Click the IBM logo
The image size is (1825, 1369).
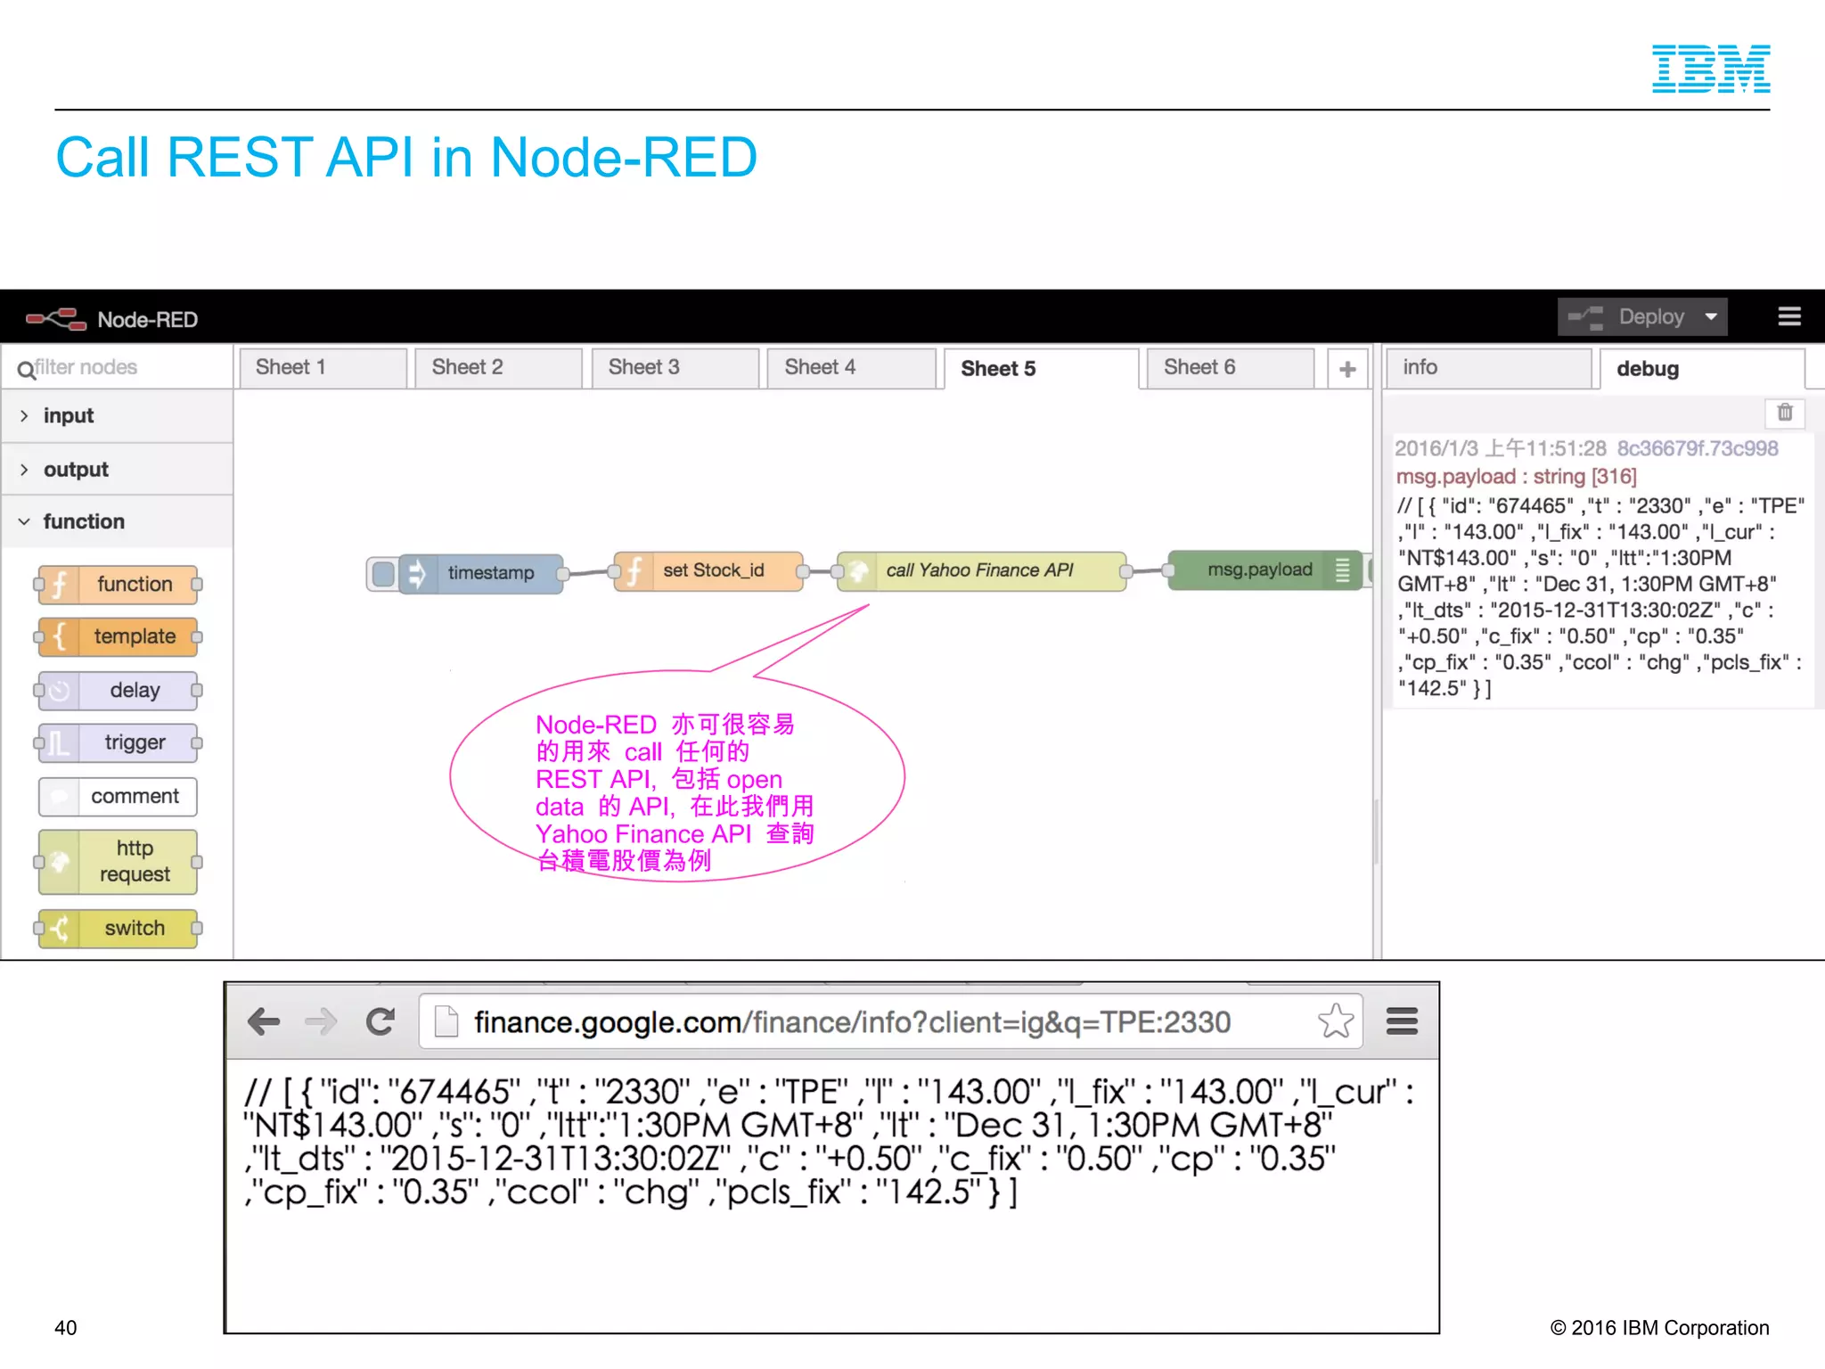pos(1710,69)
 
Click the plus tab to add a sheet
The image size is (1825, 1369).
pos(1347,368)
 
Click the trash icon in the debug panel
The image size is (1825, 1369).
pos(1784,412)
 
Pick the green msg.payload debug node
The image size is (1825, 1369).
pos(1258,570)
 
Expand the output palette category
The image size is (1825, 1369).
pos(76,469)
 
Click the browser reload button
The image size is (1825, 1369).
pos(381,1021)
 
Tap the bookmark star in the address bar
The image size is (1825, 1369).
pos(1335,1021)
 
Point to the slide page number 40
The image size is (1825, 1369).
pos(66,1327)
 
